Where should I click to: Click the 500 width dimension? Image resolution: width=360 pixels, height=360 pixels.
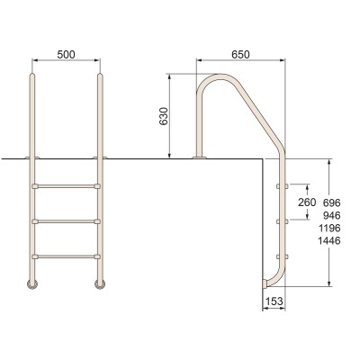coord(66,53)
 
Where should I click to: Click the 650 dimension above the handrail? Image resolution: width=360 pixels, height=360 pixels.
coord(240,54)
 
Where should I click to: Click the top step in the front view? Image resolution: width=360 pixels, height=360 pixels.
coord(66,186)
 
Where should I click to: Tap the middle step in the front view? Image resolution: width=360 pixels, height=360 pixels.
coord(66,220)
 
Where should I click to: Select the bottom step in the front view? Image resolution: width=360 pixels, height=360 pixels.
coord(66,255)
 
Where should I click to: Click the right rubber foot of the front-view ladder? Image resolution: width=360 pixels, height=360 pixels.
coord(96,285)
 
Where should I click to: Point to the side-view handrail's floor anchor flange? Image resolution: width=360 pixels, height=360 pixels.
coord(198,159)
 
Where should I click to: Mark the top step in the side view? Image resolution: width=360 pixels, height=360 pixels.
coord(280,186)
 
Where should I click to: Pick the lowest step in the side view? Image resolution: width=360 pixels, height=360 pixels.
coord(280,255)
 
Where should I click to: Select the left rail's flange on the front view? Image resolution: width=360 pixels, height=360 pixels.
coord(34,159)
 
